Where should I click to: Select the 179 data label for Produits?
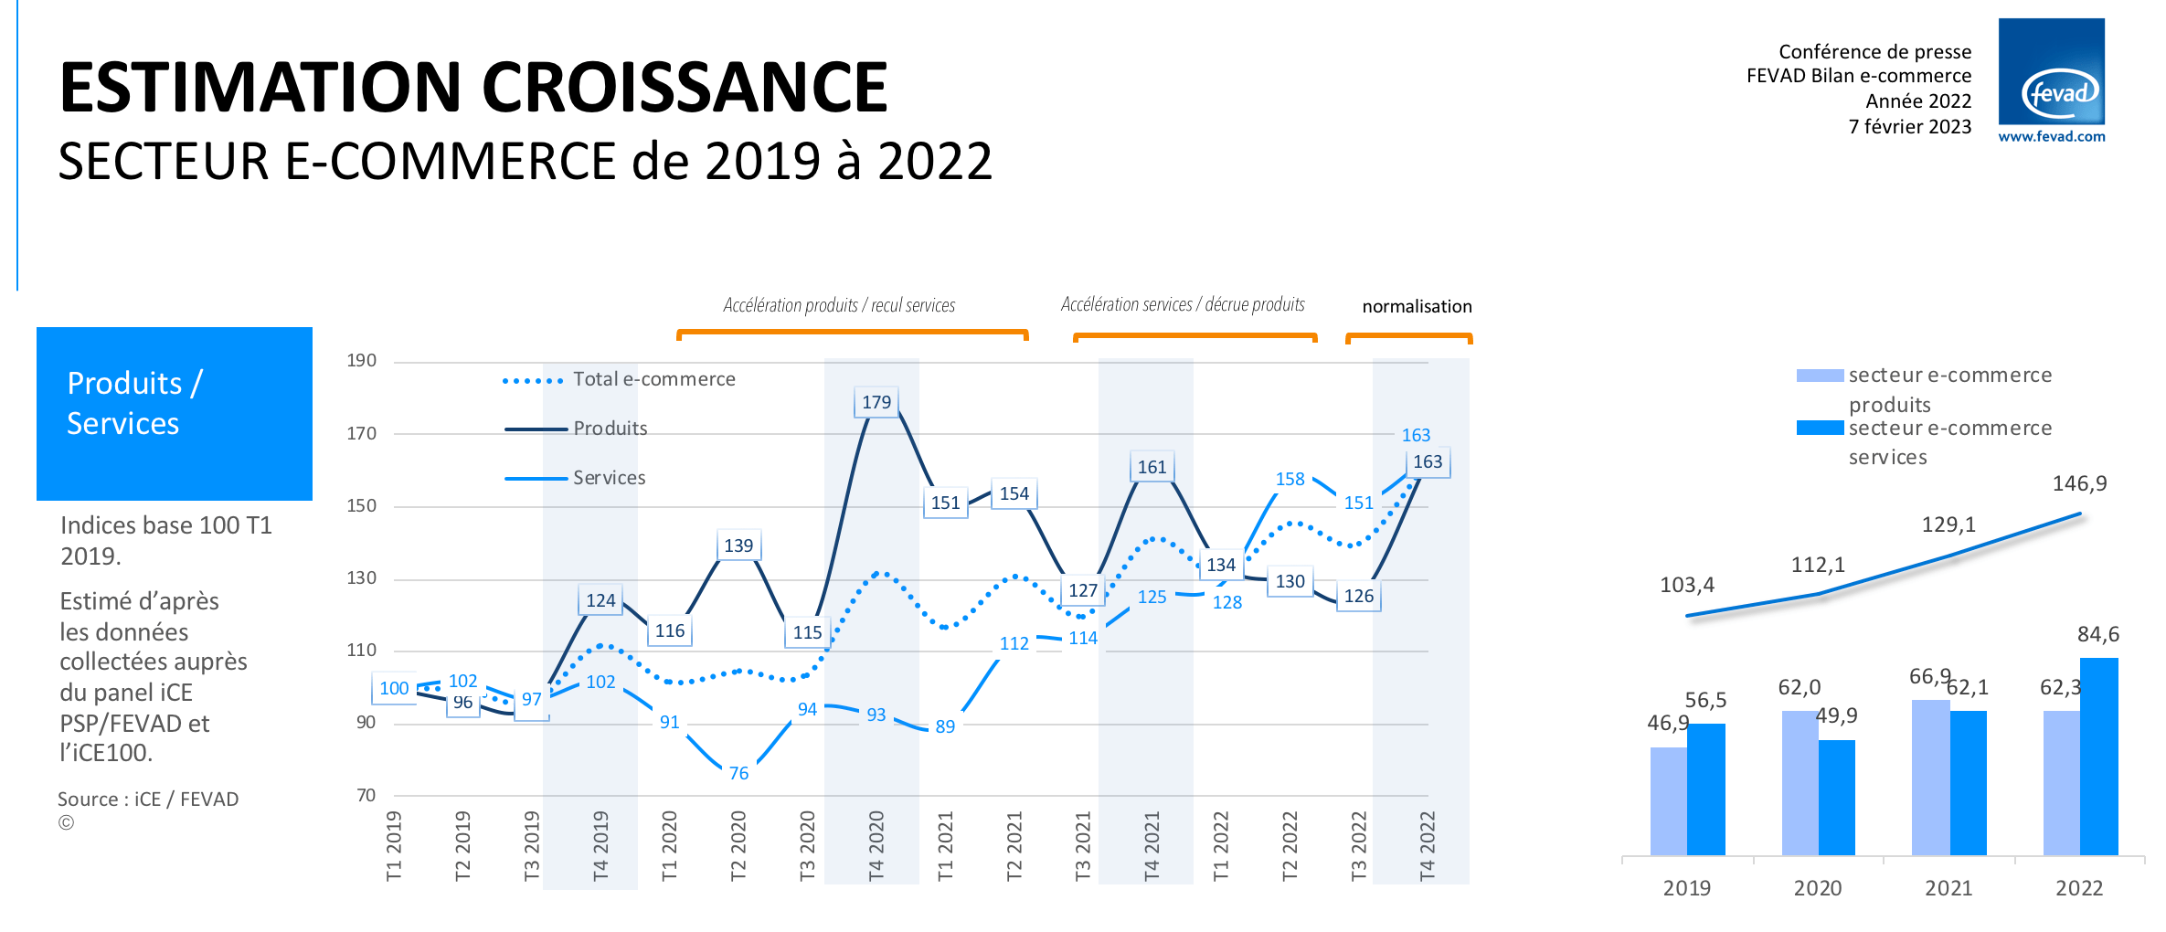click(x=876, y=402)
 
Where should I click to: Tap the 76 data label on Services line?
click(x=738, y=774)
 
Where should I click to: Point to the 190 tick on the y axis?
click(x=361, y=361)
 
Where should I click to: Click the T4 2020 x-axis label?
click(x=876, y=845)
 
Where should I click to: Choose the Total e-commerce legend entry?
click(x=653, y=379)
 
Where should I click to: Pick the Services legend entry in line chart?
click(x=609, y=478)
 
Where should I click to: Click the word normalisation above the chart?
click(x=1417, y=307)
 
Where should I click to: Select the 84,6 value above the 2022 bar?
click(x=2097, y=634)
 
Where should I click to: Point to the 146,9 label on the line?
click(x=2079, y=483)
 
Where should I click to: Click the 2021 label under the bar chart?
click(x=1948, y=888)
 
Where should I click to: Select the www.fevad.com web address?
click(x=2051, y=137)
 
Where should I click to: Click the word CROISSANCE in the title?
click(x=685, y=88)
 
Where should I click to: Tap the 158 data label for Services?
click(x=1290, y=480)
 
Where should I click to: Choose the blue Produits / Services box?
click(x=174, y=413)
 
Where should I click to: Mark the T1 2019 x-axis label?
click(x=394, y=845)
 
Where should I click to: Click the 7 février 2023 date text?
click(x=1909, y=127)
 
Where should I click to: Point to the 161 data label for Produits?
click(x=1152, y=468)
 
